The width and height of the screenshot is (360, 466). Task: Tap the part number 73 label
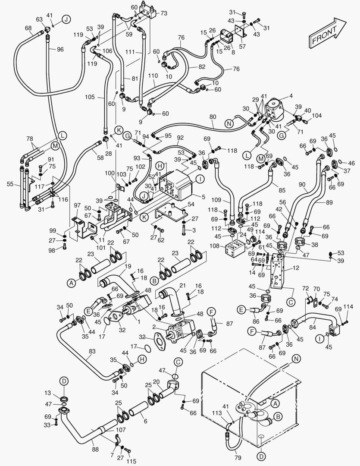164,13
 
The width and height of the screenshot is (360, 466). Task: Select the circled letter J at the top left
66,19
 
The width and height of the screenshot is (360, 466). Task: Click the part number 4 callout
291,96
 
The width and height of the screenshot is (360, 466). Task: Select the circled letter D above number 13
64,381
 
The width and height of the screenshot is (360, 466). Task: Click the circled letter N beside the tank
296,359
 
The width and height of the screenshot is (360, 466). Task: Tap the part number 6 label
146,422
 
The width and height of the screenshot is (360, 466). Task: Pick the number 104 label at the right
317,116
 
